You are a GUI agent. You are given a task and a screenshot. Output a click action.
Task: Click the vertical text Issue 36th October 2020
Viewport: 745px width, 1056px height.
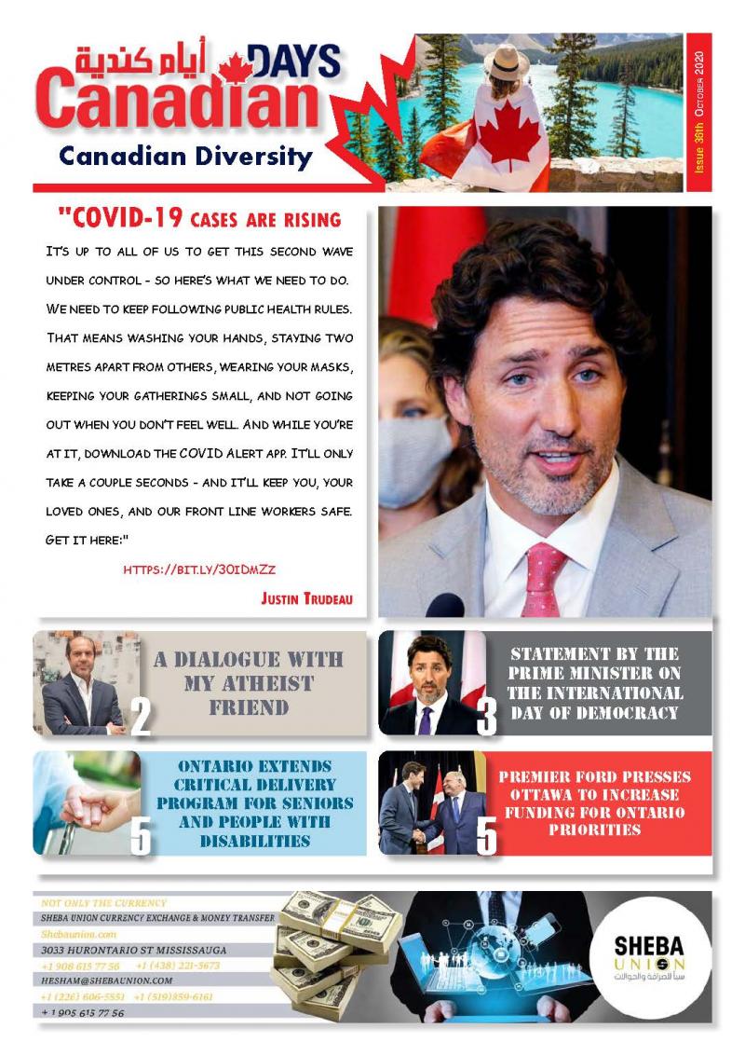699,113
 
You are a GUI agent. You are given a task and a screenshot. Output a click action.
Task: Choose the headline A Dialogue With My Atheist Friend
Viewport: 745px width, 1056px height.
248,683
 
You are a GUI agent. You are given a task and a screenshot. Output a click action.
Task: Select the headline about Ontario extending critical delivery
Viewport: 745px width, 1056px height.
254,802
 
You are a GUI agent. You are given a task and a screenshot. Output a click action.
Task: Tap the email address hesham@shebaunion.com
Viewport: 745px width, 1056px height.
107,981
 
